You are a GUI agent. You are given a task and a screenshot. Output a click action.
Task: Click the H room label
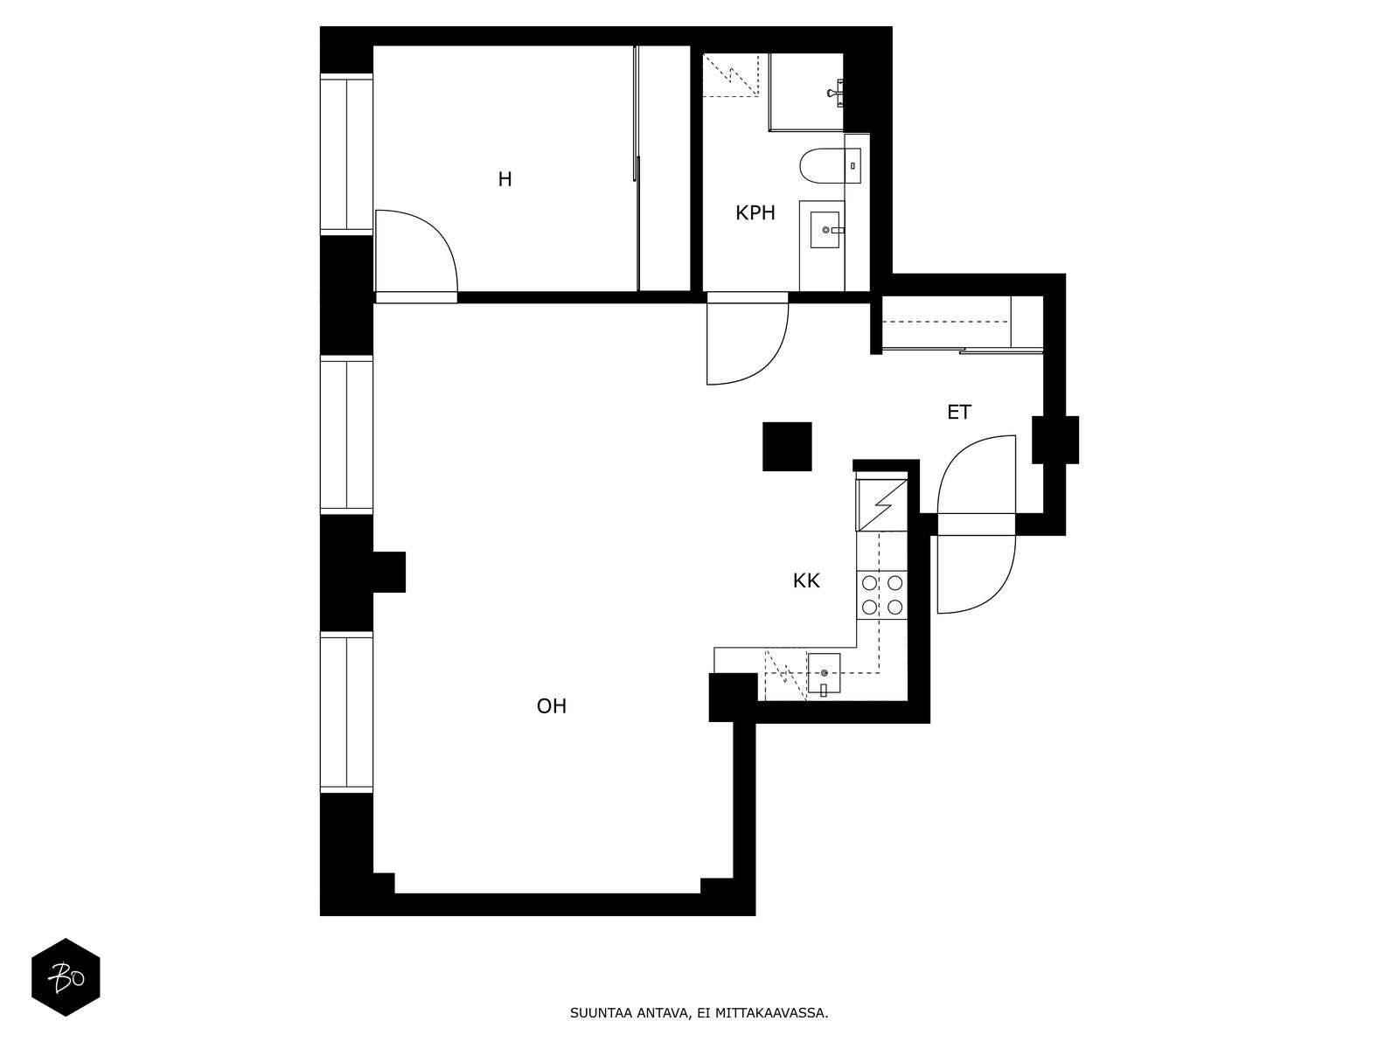505,180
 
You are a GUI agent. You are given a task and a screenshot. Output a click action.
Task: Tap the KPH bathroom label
755,212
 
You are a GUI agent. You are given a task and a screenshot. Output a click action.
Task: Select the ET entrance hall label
958,413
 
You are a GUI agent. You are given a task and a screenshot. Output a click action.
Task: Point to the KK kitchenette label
805,580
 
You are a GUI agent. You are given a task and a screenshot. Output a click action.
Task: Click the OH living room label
552,706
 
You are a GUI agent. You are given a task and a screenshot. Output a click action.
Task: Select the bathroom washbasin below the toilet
825,231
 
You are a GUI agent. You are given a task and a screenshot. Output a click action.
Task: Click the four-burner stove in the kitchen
881,594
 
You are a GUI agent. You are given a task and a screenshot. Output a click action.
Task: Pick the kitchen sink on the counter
824,673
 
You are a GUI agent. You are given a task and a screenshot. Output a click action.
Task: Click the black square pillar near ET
787,446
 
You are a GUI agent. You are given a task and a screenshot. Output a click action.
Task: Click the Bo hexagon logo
66,977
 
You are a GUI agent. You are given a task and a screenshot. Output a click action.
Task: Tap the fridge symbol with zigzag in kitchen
883,505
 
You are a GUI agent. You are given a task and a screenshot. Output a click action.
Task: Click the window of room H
346,154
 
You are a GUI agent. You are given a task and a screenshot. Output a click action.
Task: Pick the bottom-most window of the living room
346,713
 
